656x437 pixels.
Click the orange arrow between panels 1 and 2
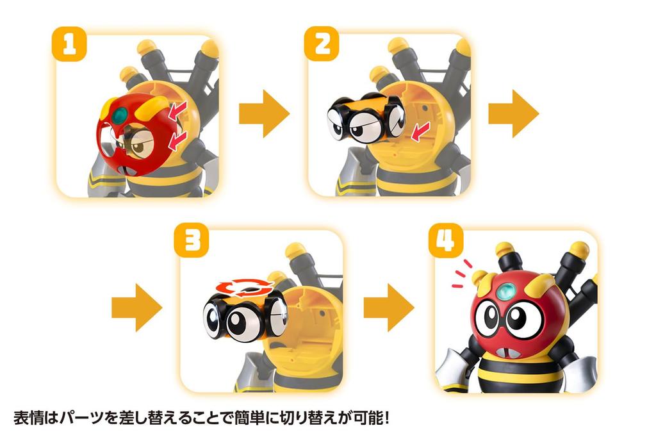[x=264, y=113]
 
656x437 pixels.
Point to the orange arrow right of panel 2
[x=513, y=113]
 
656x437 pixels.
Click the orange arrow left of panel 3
[x=136, y=308]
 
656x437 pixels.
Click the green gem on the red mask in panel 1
[x=120, y=116]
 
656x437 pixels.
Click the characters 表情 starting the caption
[x=27, y=419]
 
